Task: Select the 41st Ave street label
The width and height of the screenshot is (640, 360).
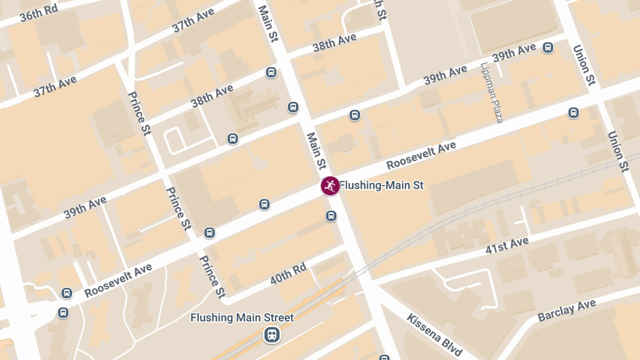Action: point(507,246)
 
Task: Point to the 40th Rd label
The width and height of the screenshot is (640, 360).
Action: point(288,273)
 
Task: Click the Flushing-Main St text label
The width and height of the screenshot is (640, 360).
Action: point(382,186)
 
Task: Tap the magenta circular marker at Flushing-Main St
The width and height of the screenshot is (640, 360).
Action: point(330,186)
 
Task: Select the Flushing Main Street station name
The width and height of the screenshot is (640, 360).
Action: point(242,318)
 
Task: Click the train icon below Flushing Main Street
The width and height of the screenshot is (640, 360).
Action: point(272,335)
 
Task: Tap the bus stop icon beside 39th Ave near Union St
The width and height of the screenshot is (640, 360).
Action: point(548,48)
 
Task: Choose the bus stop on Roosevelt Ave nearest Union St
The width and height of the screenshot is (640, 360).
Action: point(573,113)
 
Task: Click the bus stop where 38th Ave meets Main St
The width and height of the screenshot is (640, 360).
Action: point(271,73)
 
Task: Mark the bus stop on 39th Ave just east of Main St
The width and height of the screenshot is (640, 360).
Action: point(355,115)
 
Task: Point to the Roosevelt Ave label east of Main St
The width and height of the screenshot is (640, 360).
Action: point(421,155)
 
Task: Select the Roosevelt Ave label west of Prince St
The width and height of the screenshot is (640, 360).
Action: point(118,281)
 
